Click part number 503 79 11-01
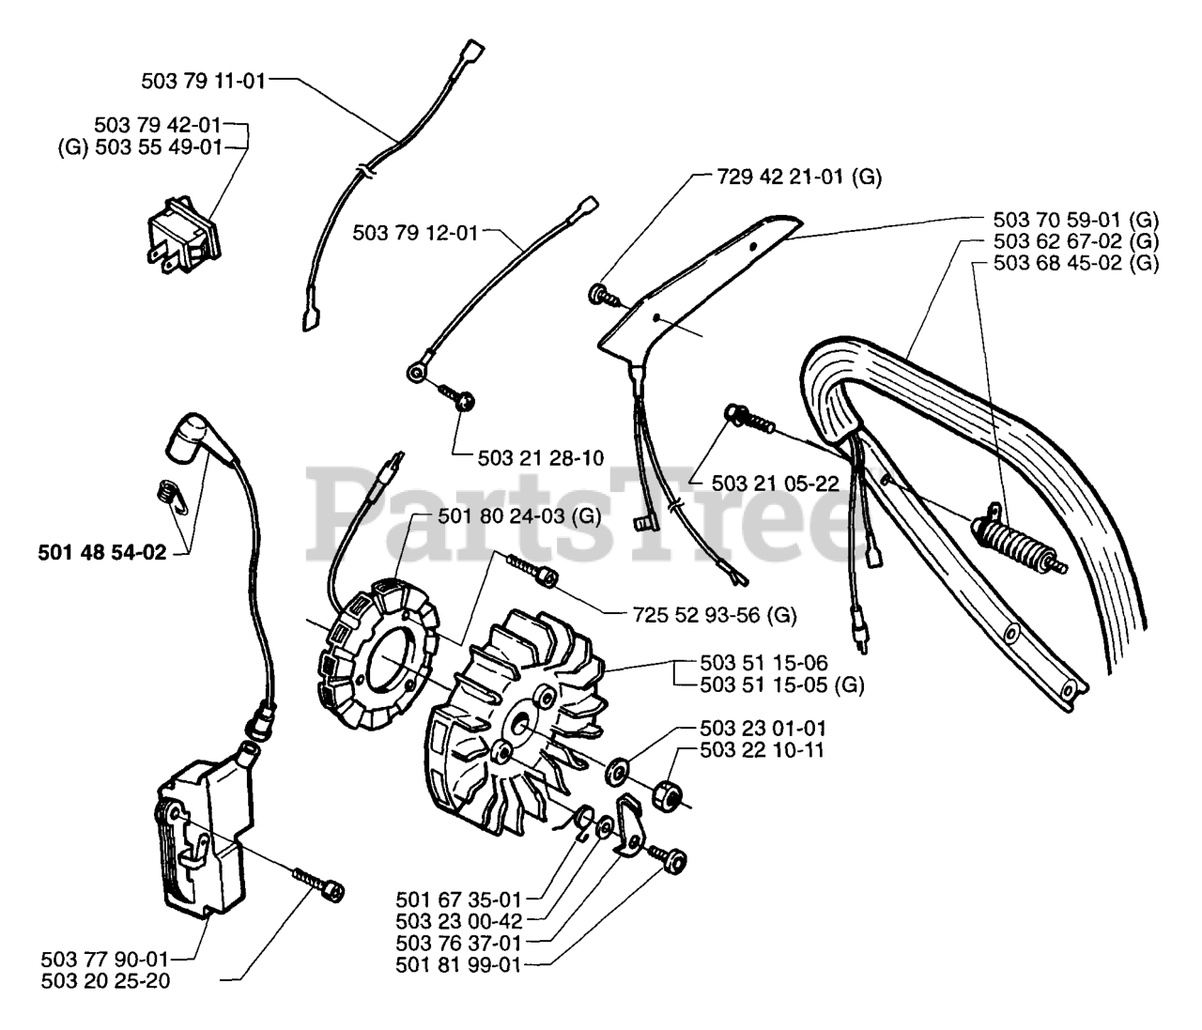click(x=203, y=81)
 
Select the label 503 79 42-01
click(x=158, y=125)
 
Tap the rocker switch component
click(x=183, y=235)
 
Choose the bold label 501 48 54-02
click(x=102, y=552)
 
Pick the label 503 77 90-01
click(x=104, y=959)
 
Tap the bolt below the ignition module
click(x=318, y=885)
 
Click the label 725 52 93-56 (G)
click(x=715, y=615)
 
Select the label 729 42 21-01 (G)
click(x=799, y=177)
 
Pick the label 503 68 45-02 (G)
click(x=1076, y=263)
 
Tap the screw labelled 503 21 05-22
click(x=749, y=420)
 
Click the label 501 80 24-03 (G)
click(x=519, y=515)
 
